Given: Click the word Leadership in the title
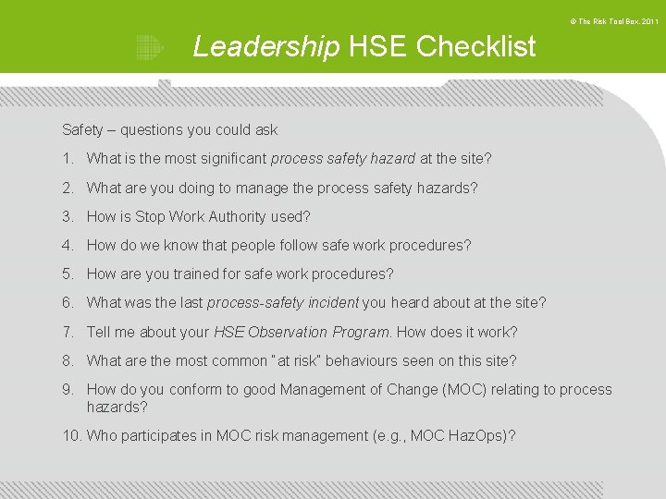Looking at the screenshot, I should (x=265, y=46).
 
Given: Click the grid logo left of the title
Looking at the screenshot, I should (x=148, y=47).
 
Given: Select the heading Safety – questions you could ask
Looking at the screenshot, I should (x=169, y=130).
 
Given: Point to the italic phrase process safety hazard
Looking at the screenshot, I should (x=342, y=159).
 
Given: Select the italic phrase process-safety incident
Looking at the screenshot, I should (x=282, y=302).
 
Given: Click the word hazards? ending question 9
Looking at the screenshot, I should (x=117, y=407).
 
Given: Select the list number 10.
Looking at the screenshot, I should (x=71, y=435).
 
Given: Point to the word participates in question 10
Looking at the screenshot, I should (x=166, y=435).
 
